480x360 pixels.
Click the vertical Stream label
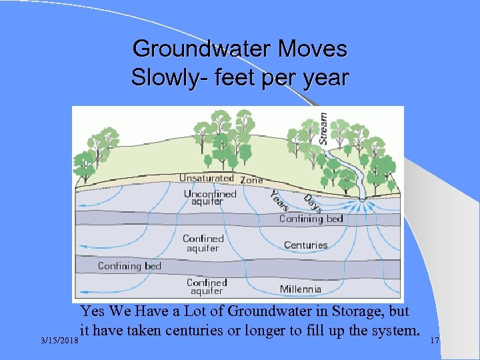pos(323,127)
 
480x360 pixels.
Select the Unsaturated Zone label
pos(221,179)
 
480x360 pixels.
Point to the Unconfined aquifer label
pos(210,197)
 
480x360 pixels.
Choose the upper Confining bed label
pos(311,219)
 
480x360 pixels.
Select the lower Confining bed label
pos(129,266)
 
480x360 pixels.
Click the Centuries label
pos(305,245)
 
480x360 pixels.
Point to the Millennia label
pos(300,289)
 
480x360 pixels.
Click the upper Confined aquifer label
pos(203,243)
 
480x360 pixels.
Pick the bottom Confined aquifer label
pos(207,287)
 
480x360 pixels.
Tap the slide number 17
pos(434,341)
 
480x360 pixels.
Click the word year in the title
pos(325,77)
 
